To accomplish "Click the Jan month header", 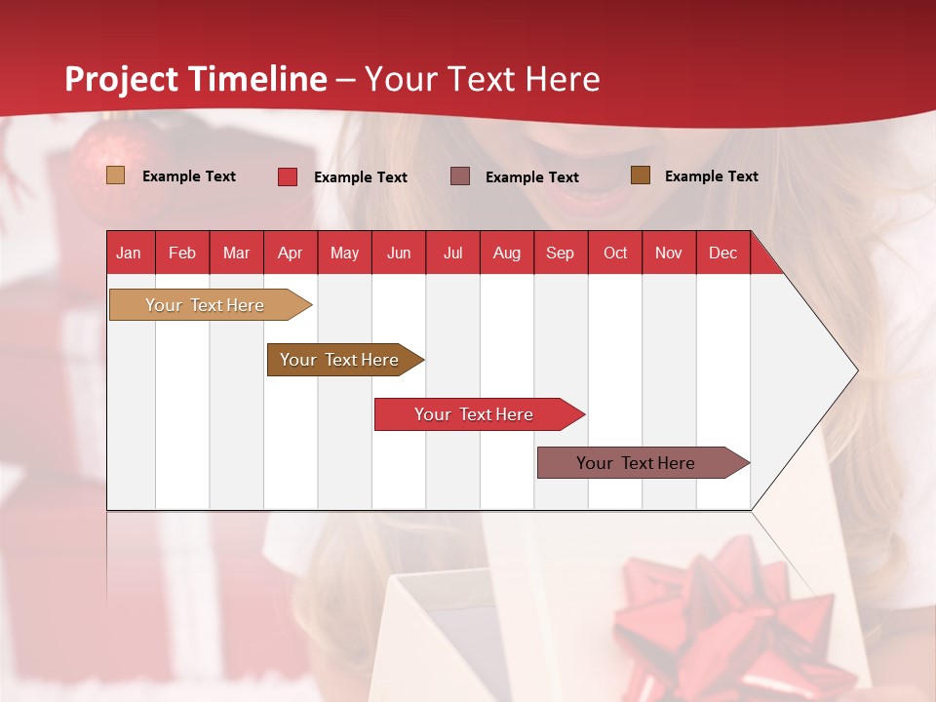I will (x=130, y=253).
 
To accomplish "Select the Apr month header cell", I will (x=291, y=253).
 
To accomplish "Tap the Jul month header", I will (x=452, y=253).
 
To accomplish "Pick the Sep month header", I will (x=560, y=253).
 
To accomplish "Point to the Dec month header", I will (x=722, y=253).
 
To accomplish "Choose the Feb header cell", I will (x=182, y=253).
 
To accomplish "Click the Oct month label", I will (x=615, y=253).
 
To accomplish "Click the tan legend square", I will (x=116, y=175).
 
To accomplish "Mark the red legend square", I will (x=288, y=176).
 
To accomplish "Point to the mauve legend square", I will (x=460, y=175).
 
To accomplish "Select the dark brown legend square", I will (x=640, y=175).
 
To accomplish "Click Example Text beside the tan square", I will (x=189, y=176).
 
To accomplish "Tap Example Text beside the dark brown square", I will (x=711, y=176).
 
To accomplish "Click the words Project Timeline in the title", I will (x=196, y=79).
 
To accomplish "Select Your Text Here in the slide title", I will (x=482, y=79).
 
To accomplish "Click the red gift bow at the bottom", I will (x=721, y=614).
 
